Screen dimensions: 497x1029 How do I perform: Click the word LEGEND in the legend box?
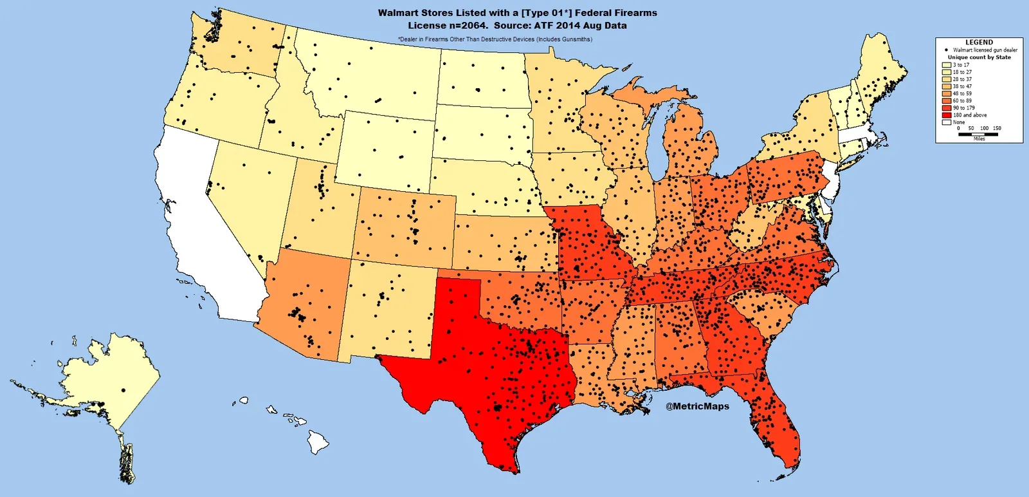point(979,42)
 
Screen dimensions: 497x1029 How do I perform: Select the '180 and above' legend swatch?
point(947,115)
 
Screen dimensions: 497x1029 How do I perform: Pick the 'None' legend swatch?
point(947,122)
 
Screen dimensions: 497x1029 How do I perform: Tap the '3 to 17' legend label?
point(961,65)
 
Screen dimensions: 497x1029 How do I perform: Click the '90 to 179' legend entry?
point(963,108)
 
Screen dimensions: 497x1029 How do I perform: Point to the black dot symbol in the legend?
point(946,50)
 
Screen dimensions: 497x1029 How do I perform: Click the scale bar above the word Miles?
point(978,134)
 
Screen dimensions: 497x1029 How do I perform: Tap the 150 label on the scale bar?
point(997,128)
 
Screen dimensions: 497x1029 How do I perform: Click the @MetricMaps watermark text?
point(697,406)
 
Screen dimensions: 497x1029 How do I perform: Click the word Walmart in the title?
point(398,13)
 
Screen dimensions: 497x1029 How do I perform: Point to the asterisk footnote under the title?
point(495,39)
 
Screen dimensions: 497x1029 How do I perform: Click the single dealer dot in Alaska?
point(123,390)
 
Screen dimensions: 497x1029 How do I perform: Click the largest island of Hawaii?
point(318,442)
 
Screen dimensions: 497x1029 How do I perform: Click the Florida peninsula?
point(775,418)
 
